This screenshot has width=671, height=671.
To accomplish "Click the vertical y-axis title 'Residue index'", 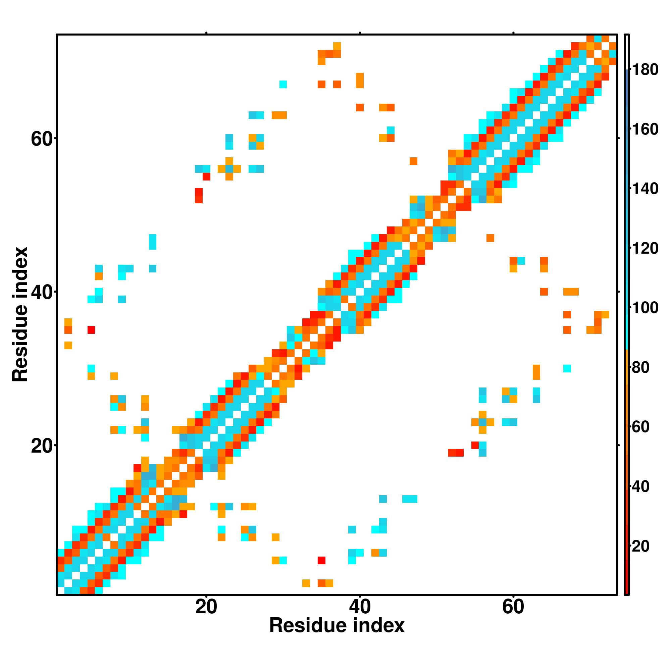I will pos(20,314).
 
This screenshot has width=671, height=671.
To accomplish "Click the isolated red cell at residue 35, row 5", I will pos(322,560).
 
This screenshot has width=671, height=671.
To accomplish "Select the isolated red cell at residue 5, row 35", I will pos(91,329).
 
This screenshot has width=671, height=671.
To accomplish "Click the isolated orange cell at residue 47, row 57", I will pos(413,161).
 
